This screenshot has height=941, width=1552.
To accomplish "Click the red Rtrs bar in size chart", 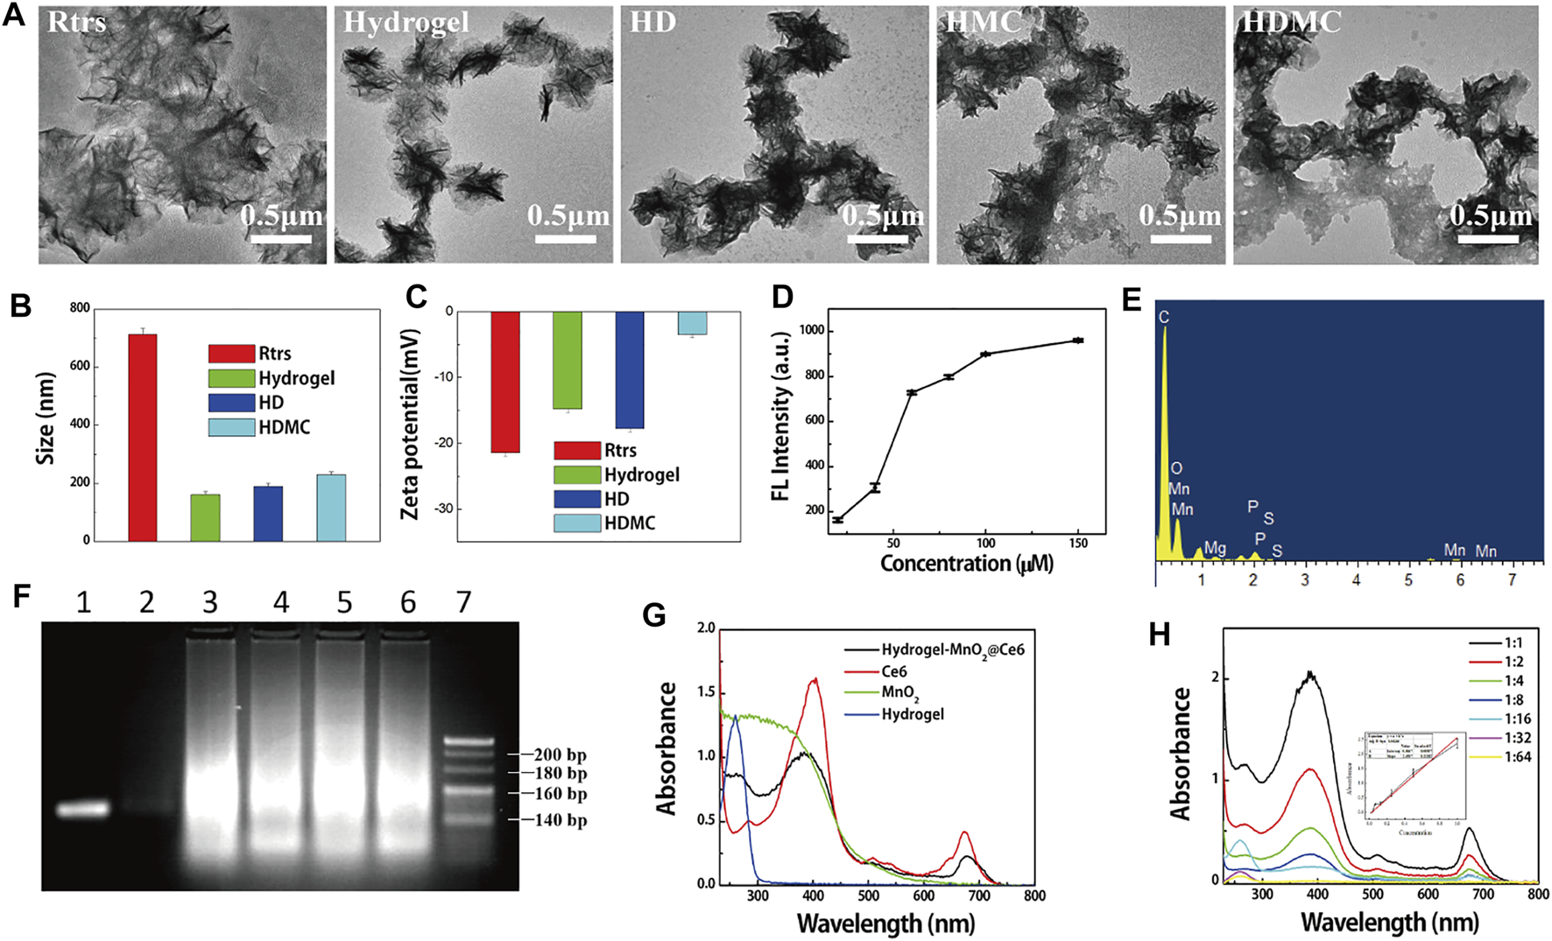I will pos(143,438).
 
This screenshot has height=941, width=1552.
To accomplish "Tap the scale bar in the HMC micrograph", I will pos(1179,238).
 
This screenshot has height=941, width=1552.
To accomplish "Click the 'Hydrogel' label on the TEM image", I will pos(406,23).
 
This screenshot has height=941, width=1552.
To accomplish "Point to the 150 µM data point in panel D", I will pos(1078,340).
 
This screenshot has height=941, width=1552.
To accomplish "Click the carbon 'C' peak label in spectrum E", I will pos(1164,317).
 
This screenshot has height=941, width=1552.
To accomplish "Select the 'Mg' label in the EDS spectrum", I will pos(1215,548).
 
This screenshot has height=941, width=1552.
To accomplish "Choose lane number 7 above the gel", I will pos(463,602).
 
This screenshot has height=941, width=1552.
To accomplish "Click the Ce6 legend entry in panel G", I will pos(893,671).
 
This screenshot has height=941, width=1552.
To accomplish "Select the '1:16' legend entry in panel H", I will pos(1516,719).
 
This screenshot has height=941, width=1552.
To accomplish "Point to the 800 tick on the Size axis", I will pos(80,308).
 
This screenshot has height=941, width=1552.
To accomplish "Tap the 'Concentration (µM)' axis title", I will pos(966,564).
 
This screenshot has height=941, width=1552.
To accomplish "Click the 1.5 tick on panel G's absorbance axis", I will pos(705,692).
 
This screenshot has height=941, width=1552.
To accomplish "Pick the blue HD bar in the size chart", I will pos(268,514).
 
